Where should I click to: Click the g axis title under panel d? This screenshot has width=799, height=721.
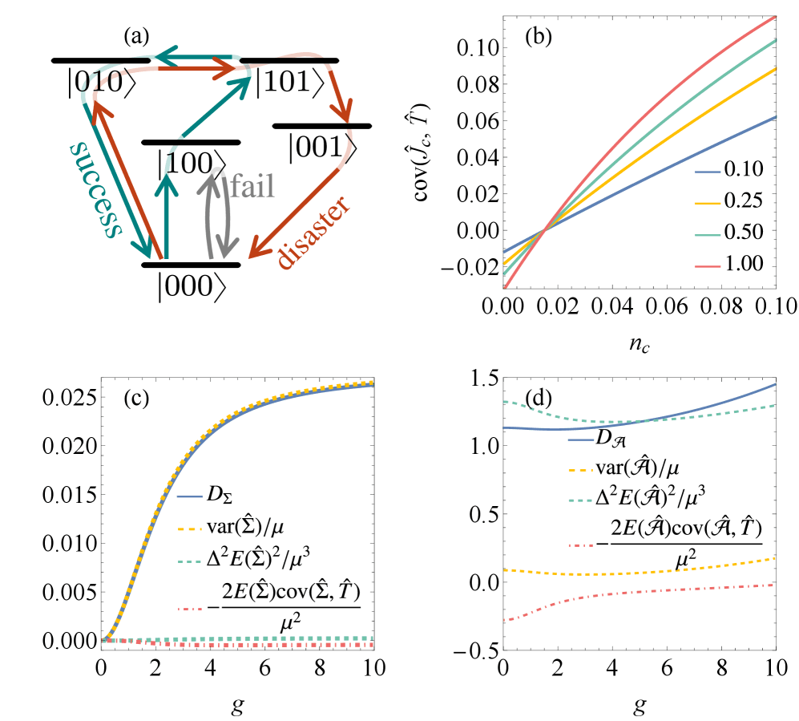point(639,706)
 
